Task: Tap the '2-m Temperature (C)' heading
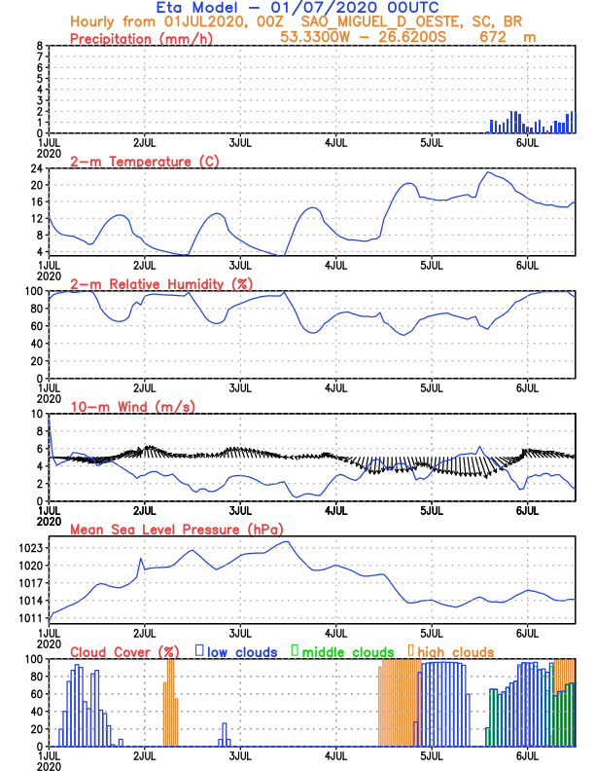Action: pyautogui.click(x=135, y=161)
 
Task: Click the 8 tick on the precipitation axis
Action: pyautogui.click(x=39, y=46)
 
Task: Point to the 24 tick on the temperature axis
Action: pyautogui.click(x=36, y=168)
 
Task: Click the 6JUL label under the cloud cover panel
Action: pyautogui.click(x=528, y=754)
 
